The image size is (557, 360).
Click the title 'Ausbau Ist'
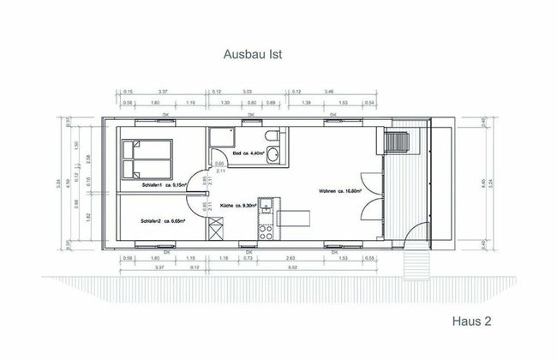tap(253, 54)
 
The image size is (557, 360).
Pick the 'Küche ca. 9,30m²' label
tap(239, 207)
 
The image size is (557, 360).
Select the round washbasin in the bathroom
tap(273, 155)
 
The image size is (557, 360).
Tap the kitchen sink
tap(267, 207)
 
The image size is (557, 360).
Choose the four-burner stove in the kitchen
tap(267, 230)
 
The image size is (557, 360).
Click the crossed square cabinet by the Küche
tap(215, 230)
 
